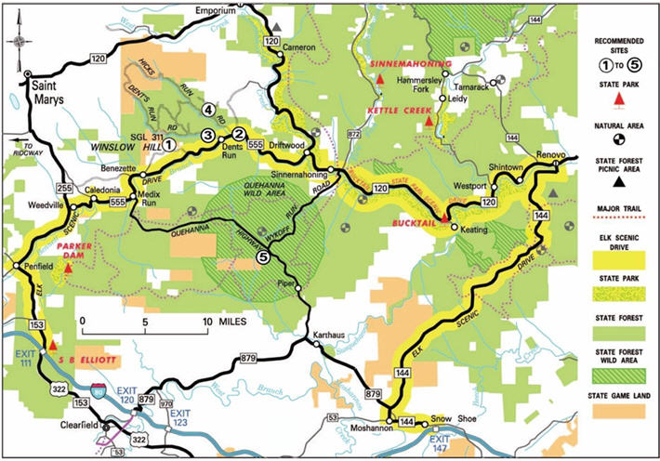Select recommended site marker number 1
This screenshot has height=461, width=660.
(170, 143)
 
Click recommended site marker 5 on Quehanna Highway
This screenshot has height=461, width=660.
(264, 258)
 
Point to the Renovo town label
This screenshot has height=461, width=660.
(550, 153)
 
